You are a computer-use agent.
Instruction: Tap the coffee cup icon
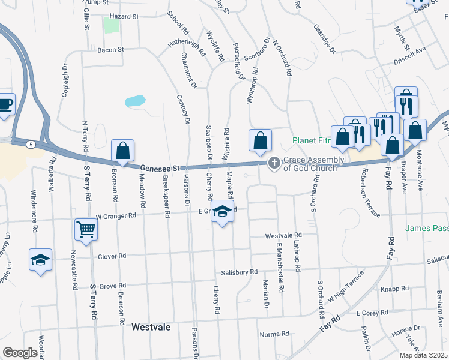(x=5, y=104)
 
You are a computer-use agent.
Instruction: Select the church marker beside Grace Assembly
(x=274, y=163)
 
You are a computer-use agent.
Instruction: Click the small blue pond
(x=135, y=100)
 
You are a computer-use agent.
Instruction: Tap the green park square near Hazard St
(x=111, y=25)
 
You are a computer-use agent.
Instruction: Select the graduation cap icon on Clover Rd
(x=40, y=260)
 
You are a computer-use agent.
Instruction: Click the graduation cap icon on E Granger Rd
(x=222, y=212)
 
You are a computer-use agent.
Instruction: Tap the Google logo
(x=20, y=353)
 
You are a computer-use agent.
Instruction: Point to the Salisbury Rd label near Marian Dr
(x=239, y=272)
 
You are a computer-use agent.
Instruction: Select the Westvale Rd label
(x=283, y=236)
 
